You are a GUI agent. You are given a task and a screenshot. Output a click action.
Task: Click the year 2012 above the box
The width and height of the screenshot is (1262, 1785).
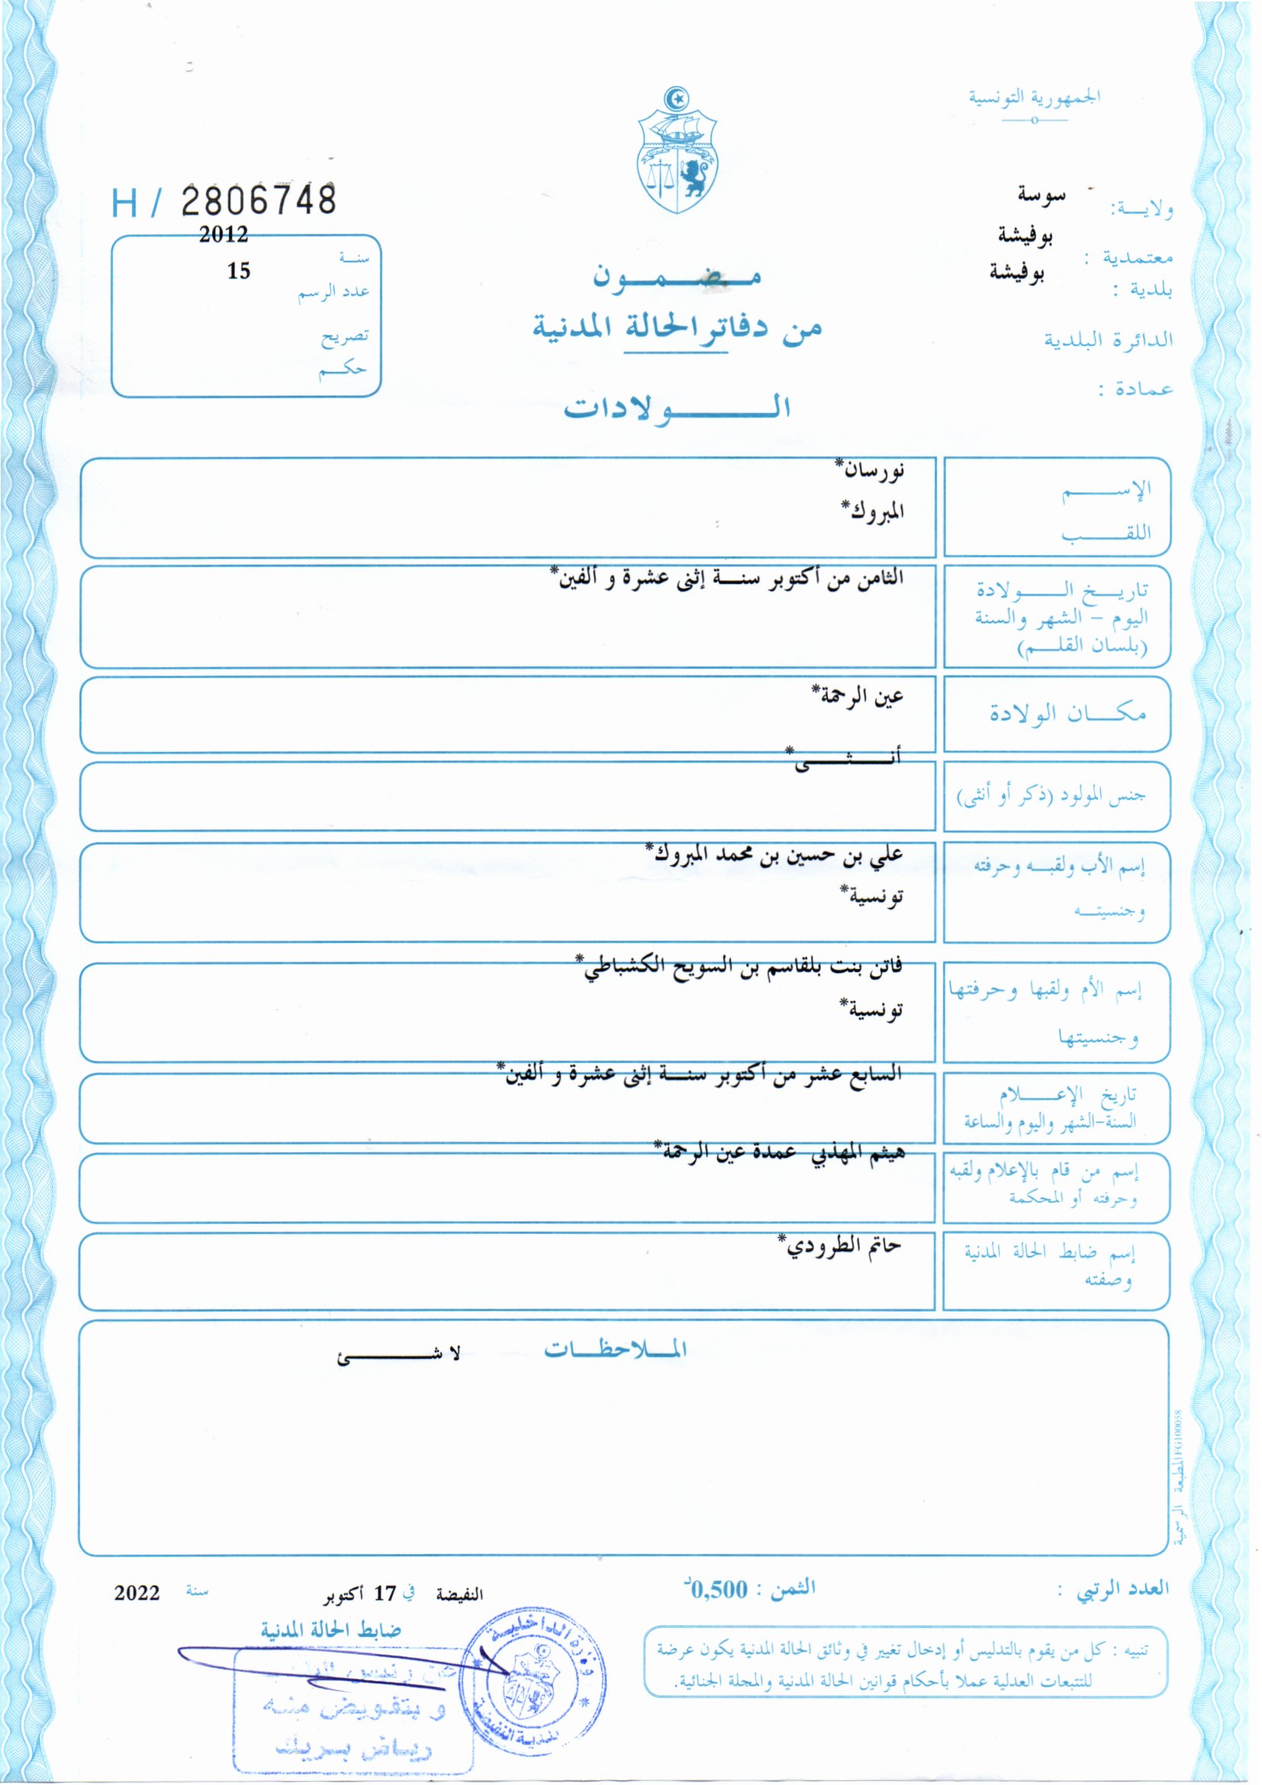[x=223, y=234]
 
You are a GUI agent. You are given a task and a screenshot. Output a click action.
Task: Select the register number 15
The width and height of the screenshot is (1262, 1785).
[x=239, y=270]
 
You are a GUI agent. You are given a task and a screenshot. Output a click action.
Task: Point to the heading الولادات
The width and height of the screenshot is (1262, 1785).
[x=676, y=408]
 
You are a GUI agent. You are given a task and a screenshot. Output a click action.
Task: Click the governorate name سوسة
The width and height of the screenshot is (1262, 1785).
[x=1041, y=195]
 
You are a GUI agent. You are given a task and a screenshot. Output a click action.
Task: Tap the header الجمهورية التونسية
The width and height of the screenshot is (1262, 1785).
[x=1034, y=98]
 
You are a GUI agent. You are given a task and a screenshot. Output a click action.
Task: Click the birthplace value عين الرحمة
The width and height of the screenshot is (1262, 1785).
[x=858, y=694]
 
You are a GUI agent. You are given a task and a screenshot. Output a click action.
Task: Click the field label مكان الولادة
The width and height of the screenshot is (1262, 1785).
[x=1067, y=713]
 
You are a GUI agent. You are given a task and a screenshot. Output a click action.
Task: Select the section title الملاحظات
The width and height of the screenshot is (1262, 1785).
[x=615, y=1349]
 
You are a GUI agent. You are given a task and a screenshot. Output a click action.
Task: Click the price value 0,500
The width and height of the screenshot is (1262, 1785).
[x=718, y=1589]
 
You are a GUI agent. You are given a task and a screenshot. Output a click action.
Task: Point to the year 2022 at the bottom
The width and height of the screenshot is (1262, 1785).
[x=137, y=1593]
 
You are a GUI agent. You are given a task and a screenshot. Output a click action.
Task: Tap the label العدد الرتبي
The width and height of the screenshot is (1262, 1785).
[x=1122, y=1589]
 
